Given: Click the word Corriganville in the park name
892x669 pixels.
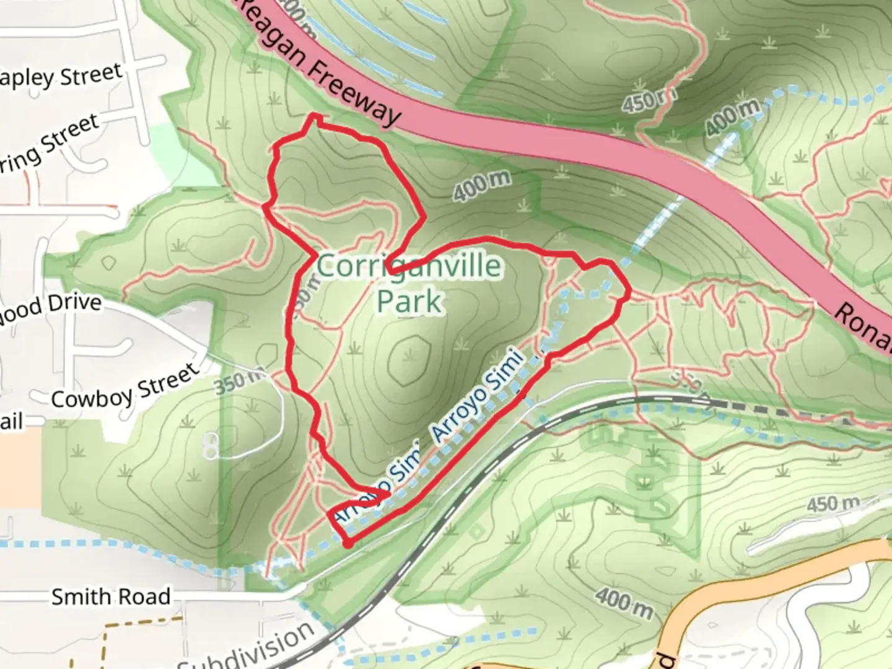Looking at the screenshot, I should (x=409, y=266).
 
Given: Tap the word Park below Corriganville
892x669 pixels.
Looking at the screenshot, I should (x=409, y=302).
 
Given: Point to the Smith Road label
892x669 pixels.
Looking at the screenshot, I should (x=110, y=597).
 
